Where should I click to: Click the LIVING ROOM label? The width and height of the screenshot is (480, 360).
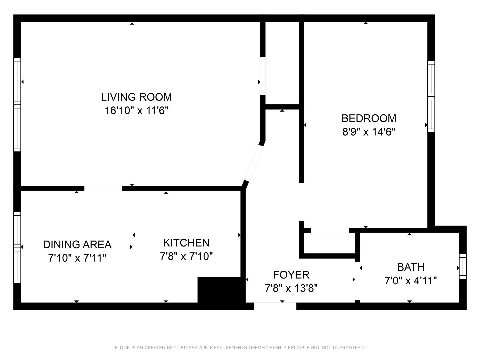136,97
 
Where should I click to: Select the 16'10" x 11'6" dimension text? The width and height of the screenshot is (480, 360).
136,110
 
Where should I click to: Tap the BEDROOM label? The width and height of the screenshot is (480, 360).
369,118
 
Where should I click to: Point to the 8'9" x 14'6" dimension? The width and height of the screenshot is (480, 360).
369,132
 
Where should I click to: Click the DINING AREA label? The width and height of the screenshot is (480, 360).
77,244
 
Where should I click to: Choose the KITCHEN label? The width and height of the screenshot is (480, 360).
186,243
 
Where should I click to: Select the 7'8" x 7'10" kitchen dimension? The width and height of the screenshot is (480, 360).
186,256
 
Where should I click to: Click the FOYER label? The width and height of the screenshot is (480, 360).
291,275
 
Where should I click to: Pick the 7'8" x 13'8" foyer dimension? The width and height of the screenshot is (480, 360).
291,288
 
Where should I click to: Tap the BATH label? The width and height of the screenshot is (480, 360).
411,267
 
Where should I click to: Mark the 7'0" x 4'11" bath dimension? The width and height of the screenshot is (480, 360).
411,281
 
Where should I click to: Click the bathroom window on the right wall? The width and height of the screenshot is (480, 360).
463,266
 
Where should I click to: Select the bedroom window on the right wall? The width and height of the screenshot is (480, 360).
431,97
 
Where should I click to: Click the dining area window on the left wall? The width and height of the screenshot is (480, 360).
17,247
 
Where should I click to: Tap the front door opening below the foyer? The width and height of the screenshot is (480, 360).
275,306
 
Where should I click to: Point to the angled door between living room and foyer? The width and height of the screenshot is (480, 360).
253,163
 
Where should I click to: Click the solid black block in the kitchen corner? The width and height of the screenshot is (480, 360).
219,289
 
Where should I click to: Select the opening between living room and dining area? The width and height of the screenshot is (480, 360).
103,188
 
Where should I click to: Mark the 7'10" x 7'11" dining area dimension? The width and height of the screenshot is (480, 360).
77,258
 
